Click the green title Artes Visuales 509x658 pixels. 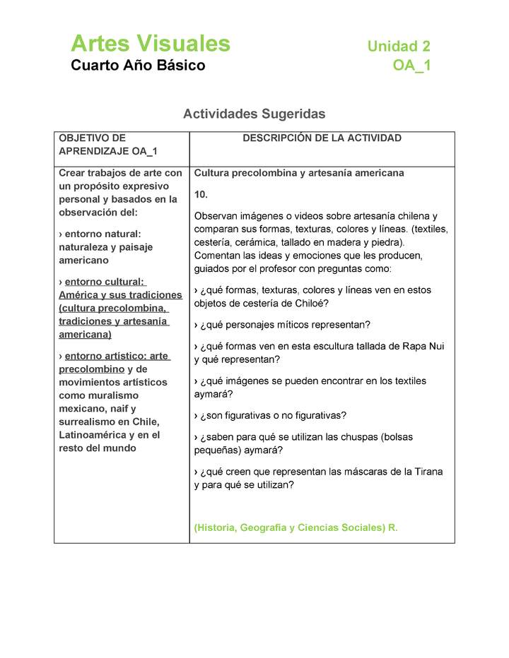coord(150,44)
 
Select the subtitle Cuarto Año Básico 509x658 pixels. coord(138,66)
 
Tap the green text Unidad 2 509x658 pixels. coord(399,47)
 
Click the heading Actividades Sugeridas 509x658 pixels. coord(254,114)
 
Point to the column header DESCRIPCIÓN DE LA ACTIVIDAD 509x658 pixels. coord(322,138)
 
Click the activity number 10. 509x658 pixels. coord(201,193)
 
